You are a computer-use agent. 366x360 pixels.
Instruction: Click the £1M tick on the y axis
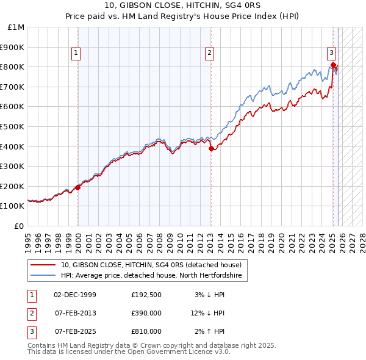click(16, 27)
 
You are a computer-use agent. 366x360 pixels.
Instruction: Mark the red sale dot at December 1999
click(78, 188)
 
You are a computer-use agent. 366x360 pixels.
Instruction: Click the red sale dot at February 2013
click(211, 148)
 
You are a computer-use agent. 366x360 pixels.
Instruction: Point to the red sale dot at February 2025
click(333, 65)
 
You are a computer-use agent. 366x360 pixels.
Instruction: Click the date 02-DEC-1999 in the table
click(75, 295)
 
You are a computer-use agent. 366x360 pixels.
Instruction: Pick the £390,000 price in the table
click(146, 313)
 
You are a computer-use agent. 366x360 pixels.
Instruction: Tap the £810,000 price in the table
click(146, 331)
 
